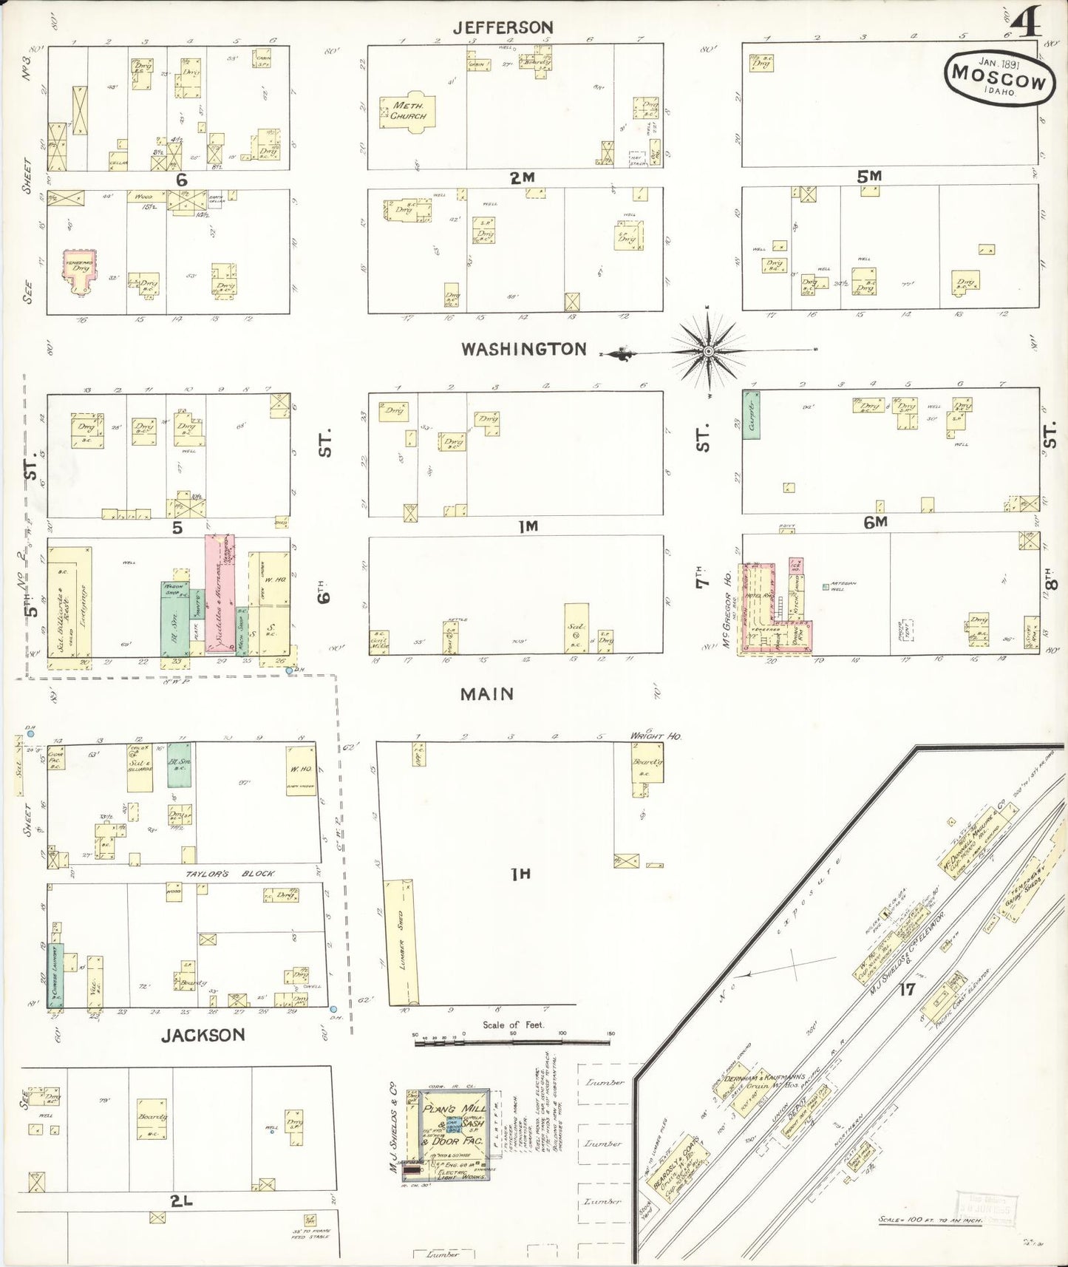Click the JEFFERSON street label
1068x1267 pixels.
click(x=503, y=27)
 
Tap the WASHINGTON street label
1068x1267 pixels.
click(x=523, y=349)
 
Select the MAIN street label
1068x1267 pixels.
click(x=486, y=693)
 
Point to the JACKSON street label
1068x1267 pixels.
click(x=203, y=1035)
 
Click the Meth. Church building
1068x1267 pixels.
click(x=408, y=112)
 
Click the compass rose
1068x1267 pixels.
click(x=709, y=351)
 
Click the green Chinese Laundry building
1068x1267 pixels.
click(x=55, y=974)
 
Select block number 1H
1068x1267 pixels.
click(x=521, y=874)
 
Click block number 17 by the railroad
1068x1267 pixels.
click(x=907, y=989)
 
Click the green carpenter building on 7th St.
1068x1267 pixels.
click(x=751, y=415)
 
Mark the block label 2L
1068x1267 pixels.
click(x=181, y=1201)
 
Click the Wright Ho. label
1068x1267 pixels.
click(x=655, y=736)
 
